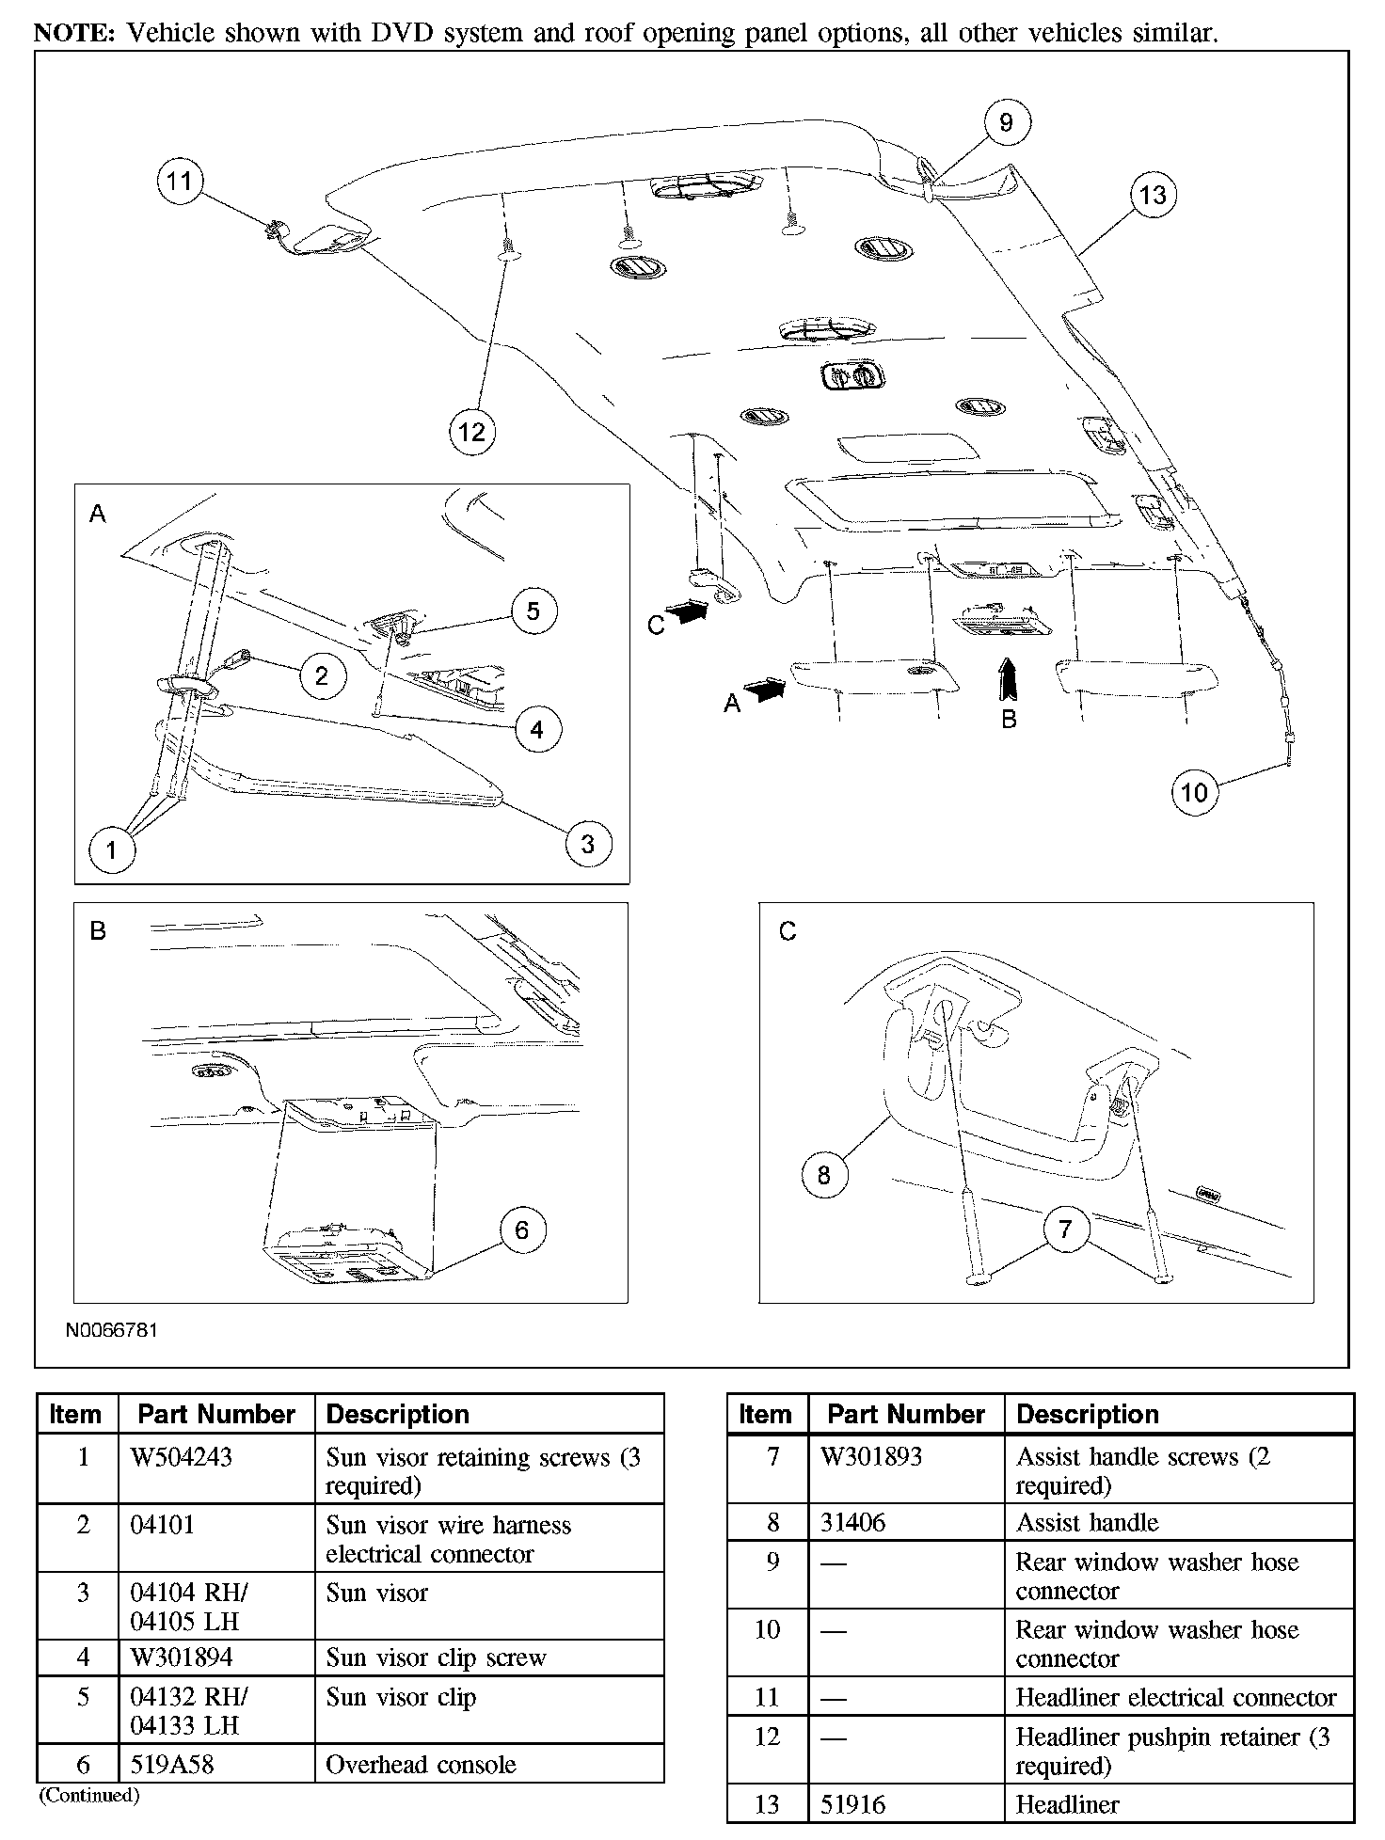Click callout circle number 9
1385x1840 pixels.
point(1006,122)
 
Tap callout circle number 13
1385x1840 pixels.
point(1153,195)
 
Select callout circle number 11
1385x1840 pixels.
point(180,181)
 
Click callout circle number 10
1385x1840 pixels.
point(1194,792)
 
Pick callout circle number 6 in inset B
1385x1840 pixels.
point(522,1229)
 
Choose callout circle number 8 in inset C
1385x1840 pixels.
point(824,1175)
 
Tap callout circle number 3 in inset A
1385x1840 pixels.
point(588,844)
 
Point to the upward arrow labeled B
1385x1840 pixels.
point(1008,679)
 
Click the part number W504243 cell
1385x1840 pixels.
point(216,1467)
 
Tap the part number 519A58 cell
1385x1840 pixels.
point(216,1764)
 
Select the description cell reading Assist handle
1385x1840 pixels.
point(1179,1522)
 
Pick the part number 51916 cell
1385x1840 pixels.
point(906,1804)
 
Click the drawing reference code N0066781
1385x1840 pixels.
point(112,1330)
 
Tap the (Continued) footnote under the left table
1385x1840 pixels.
point(89,1795)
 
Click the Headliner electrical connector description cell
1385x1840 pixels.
point(1179,1697)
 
